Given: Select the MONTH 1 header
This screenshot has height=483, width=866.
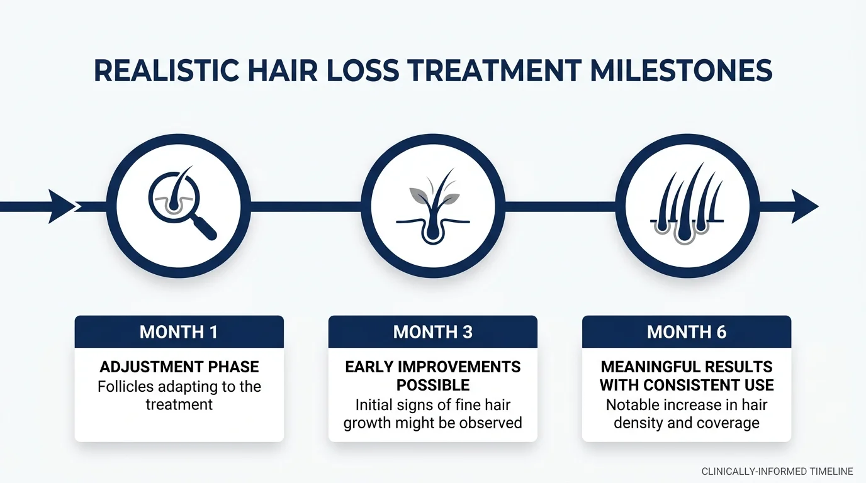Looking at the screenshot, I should click(179, 332).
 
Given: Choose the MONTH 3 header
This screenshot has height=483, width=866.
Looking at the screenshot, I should click(432, 332).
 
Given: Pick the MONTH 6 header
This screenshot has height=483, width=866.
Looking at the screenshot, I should click(686, 332).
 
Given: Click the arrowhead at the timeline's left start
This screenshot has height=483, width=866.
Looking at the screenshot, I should click(62, 206).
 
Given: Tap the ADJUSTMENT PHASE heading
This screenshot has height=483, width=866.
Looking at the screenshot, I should click(179, 367).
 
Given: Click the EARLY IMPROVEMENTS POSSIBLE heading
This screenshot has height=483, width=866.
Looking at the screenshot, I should click(432, 375).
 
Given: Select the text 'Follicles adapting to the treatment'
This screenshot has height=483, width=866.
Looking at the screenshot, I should click(179, 396).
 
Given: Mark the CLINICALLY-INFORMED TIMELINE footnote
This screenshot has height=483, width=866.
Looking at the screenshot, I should click(777, 471).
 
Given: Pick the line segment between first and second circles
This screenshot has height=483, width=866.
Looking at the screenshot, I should click(306, 206).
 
